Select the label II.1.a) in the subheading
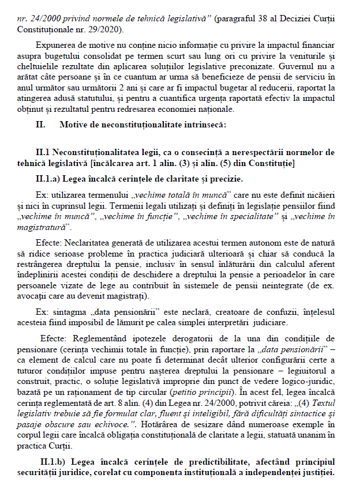point(51,179)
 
